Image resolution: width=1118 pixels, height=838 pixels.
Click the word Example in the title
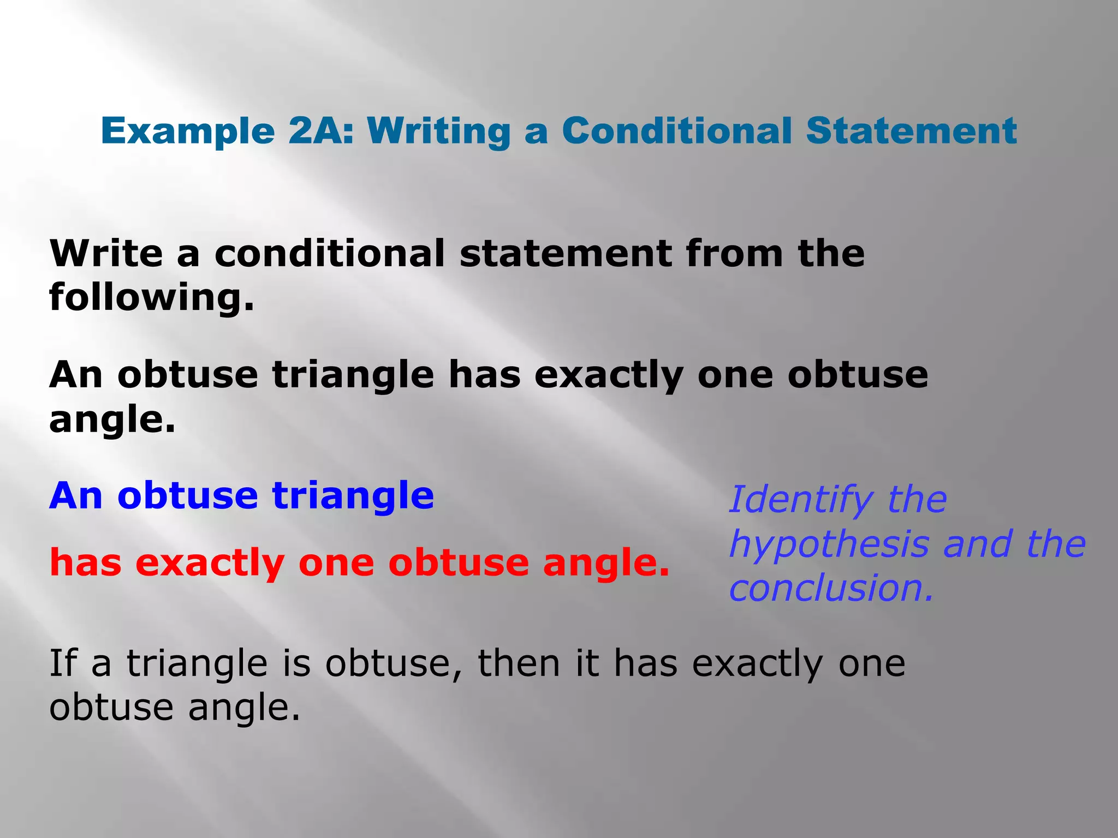[188, 132]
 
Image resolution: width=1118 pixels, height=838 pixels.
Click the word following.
[152, 298]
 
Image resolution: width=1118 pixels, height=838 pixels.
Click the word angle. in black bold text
[112, 420]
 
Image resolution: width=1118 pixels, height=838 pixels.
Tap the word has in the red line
[85, 562]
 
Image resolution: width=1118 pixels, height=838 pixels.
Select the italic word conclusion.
[831, 588]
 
